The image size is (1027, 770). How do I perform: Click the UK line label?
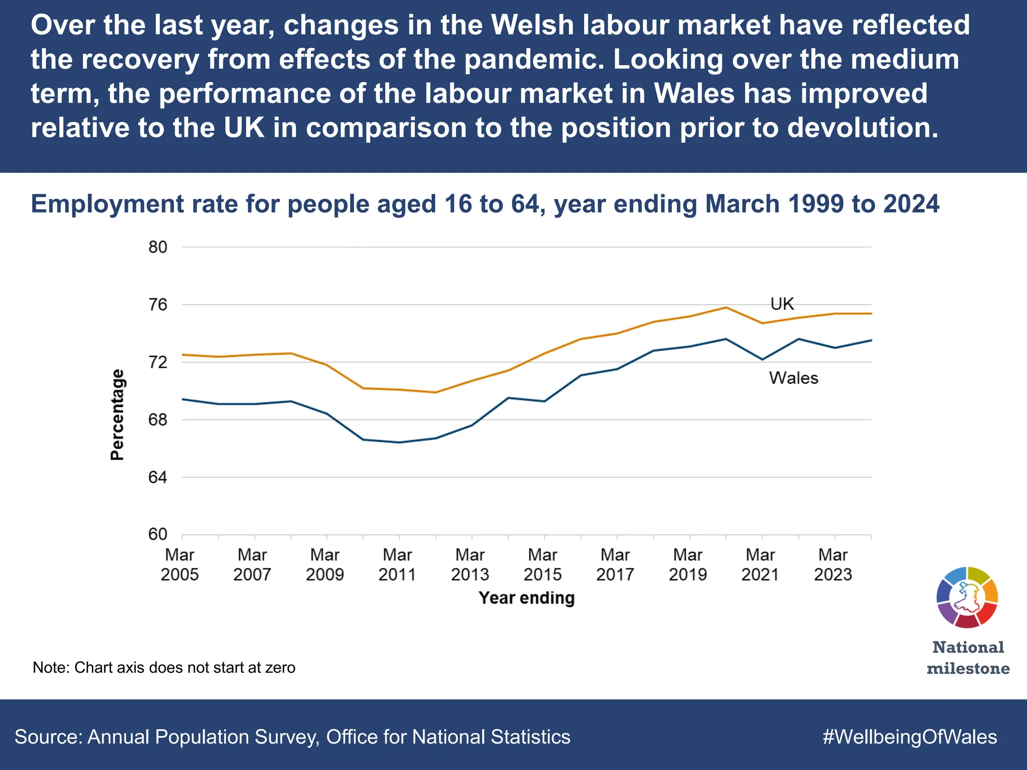(x=782, y=304)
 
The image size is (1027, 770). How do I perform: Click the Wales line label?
(x=793, y=378)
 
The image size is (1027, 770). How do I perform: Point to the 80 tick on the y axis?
(x=157, y=247)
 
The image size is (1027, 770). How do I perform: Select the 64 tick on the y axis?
(x=157, y=477)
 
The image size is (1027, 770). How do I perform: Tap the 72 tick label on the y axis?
(x=157, y=362)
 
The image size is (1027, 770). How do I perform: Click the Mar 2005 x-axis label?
(x=180, y=564)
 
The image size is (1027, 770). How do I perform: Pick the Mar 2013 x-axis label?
(x=470, y=564)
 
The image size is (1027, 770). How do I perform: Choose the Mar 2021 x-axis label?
(x=760, y=564)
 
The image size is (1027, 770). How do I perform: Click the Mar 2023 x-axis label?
(x=833, y=564)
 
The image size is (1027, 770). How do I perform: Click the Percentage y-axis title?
(x=117, y=415)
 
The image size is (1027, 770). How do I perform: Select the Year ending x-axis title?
(x=527, y=598)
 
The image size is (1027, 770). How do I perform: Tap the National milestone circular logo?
(x=967, y=597)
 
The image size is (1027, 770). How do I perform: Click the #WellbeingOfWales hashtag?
(x=910, y=737)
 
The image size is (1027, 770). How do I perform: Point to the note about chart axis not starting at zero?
(x=164, y=668)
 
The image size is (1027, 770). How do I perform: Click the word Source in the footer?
(x=48, y=737)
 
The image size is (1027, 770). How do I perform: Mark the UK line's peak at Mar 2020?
(x=726, y=307)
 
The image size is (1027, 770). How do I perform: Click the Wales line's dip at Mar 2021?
(x=762, y=359)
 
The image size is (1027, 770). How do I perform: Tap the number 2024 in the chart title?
(x=911, y=204)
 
